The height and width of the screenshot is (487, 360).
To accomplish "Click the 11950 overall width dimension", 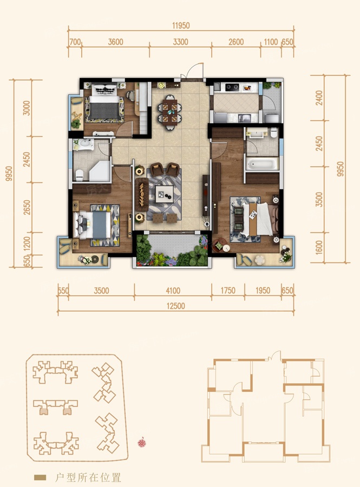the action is pyautogui.click(x=181, y=25).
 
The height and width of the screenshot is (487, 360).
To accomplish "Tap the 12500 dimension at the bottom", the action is pyautogui.click(x=176, y=306).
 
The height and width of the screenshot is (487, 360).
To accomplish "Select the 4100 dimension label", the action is pyautogui.click(x=173, y=291).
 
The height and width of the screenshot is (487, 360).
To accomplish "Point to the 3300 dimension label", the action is pyautogui.click(x=180, y=42).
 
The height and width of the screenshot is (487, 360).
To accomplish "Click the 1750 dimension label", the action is pyautogui.click(x=228, y=291).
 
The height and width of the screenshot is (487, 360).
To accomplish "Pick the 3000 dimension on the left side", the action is pyautogui.click(x=27, y=108).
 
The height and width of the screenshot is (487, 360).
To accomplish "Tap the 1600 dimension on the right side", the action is pyautogui.click(x=319, y=247).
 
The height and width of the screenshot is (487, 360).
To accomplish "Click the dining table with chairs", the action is pyautogui.click(x=169, y=112).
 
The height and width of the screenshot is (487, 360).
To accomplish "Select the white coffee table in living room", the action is pyautogui.click(x=165, y=194).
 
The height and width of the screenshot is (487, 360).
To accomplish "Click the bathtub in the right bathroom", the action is pyautogui.click(x=261, y=163).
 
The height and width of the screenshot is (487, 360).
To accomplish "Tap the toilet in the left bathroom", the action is pyautogui.click(x=80, y=175).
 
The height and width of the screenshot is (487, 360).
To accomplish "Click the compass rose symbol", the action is pyautogui.click(x=142, y=443).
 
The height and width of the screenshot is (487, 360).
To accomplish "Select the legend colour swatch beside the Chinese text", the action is pyautogui.click(x=40, y=477).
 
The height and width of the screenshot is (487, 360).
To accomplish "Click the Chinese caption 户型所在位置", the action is pyautogui.click(x=88, y=477).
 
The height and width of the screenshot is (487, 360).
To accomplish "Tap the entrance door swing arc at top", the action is pyautogui.click(x=195, y=68).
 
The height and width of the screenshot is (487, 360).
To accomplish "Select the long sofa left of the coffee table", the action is pyautogui.click(x=142, y=195).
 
